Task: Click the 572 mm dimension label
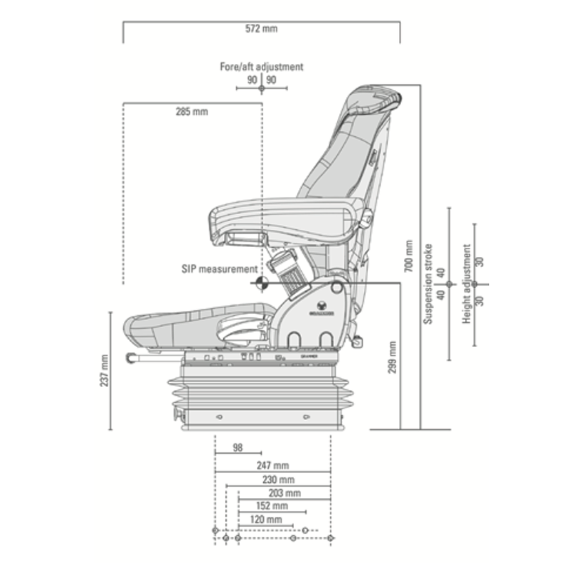[x=262, y=29]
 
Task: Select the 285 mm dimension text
[x=191, y=111]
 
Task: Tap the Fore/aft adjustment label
[x=262, y=67]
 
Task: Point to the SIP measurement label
[x=219, y=269]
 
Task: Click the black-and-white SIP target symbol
[x=260, y=284]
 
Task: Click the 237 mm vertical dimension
[x=104, y=369]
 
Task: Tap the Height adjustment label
[x=467, y=284]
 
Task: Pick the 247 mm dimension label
[x=272, y=466]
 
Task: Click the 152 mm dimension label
[x=272, y=506]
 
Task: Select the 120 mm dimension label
[x=266, y=519]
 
